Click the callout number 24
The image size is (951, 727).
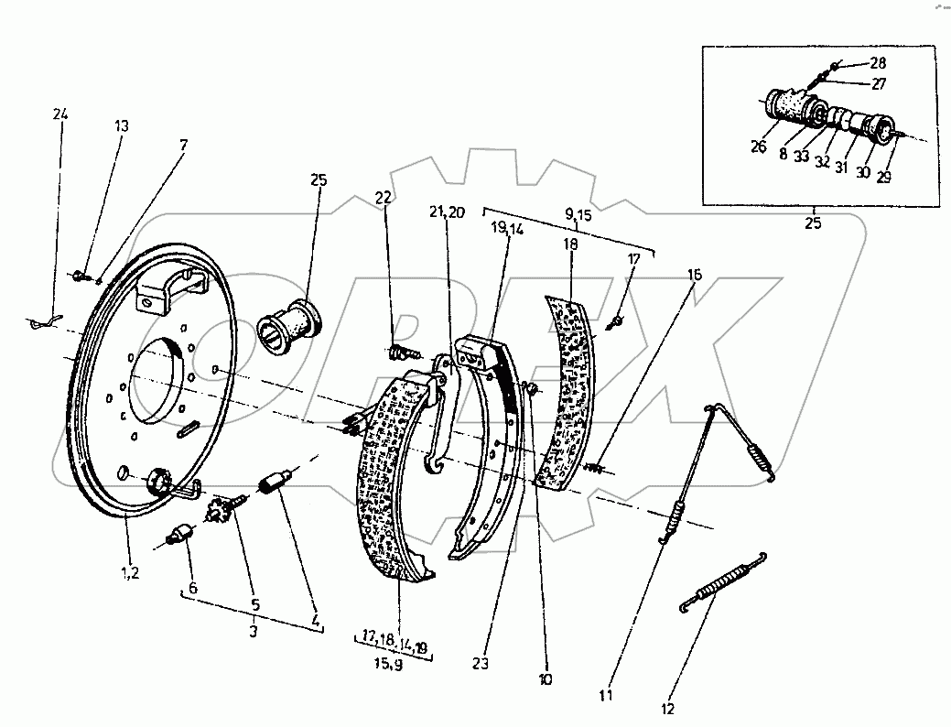click(x=60, y=114)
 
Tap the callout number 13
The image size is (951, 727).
click(x=122, y=126)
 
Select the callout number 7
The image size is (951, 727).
click(x=183, y=145)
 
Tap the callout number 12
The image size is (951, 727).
click(x=668, y=708)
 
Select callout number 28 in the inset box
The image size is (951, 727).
click(x=878, y=62)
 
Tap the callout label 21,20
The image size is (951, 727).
click(x=448, y=212)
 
